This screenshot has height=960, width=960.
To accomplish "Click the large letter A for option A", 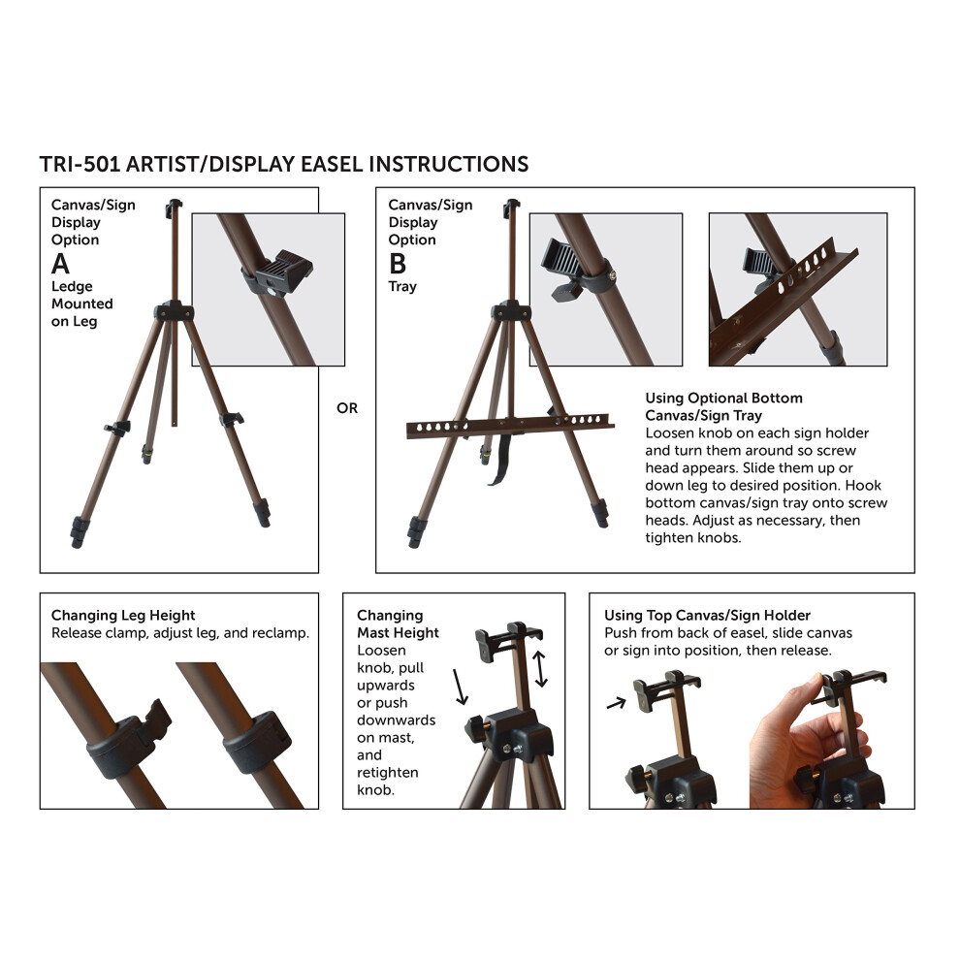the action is pos(60,264).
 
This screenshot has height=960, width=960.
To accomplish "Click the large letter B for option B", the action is pos(398,264).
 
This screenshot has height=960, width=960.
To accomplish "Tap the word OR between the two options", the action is pos(347,407).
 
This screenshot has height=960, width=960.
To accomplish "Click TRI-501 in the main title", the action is pos(80,164).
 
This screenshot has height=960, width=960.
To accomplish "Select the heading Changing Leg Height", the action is pos(123,616).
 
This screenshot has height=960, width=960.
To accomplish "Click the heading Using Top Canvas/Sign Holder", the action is pos(707,616).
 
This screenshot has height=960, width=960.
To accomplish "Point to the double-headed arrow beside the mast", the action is pos(539,668).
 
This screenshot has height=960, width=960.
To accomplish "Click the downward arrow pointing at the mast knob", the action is pos(460,687).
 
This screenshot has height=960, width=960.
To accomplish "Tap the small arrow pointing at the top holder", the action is pos(617,703).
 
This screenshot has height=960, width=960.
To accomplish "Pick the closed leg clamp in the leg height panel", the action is pos(257,741).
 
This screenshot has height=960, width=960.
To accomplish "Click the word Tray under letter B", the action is pos(402,286).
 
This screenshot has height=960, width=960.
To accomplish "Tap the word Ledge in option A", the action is pos(72,286).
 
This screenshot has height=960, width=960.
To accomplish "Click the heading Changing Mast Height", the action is pos(398,624).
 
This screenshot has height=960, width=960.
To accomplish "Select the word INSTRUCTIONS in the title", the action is pos(449,164).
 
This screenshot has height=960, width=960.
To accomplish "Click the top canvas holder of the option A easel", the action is pos(174,208).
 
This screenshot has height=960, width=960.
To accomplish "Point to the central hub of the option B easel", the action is pos(511,312).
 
